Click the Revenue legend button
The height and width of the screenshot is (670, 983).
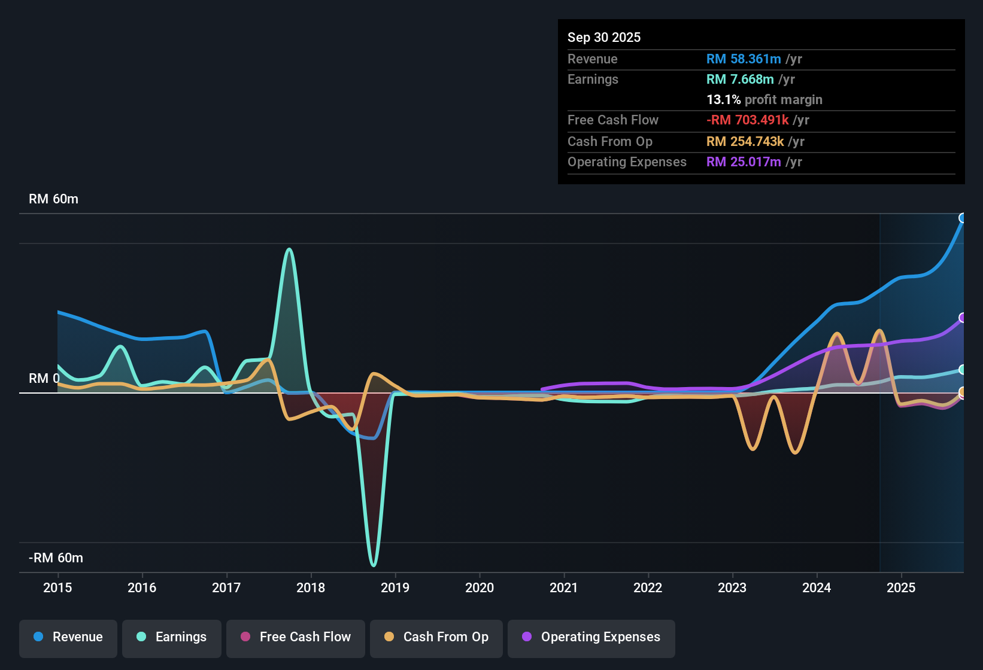click(68, 637)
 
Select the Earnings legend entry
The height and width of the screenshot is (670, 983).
click(172, 637)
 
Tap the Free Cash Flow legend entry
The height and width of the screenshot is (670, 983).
click(296, 637)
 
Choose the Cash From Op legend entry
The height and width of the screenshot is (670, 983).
click(436, 637)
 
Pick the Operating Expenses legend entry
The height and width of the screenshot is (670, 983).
click(591, 637)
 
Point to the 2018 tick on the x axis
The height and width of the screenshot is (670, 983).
click(311, 587)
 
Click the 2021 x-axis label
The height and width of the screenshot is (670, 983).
click(564, 587)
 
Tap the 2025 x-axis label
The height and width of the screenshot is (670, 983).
click(901, 587)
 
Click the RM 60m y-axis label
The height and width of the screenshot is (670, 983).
click(53, 199)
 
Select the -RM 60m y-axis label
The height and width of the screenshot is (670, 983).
click(56, 558)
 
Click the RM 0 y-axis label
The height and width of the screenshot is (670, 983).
click(44, 379)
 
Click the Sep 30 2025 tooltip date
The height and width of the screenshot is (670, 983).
click(604, 38)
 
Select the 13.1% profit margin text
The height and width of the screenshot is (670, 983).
click(764, 100)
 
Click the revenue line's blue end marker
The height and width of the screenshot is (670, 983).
click(963, 218)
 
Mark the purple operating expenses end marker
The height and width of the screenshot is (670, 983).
click(963, 318)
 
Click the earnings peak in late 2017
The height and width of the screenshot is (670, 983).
click(289, 249)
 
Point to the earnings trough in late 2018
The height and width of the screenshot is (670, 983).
click(374, 564)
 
